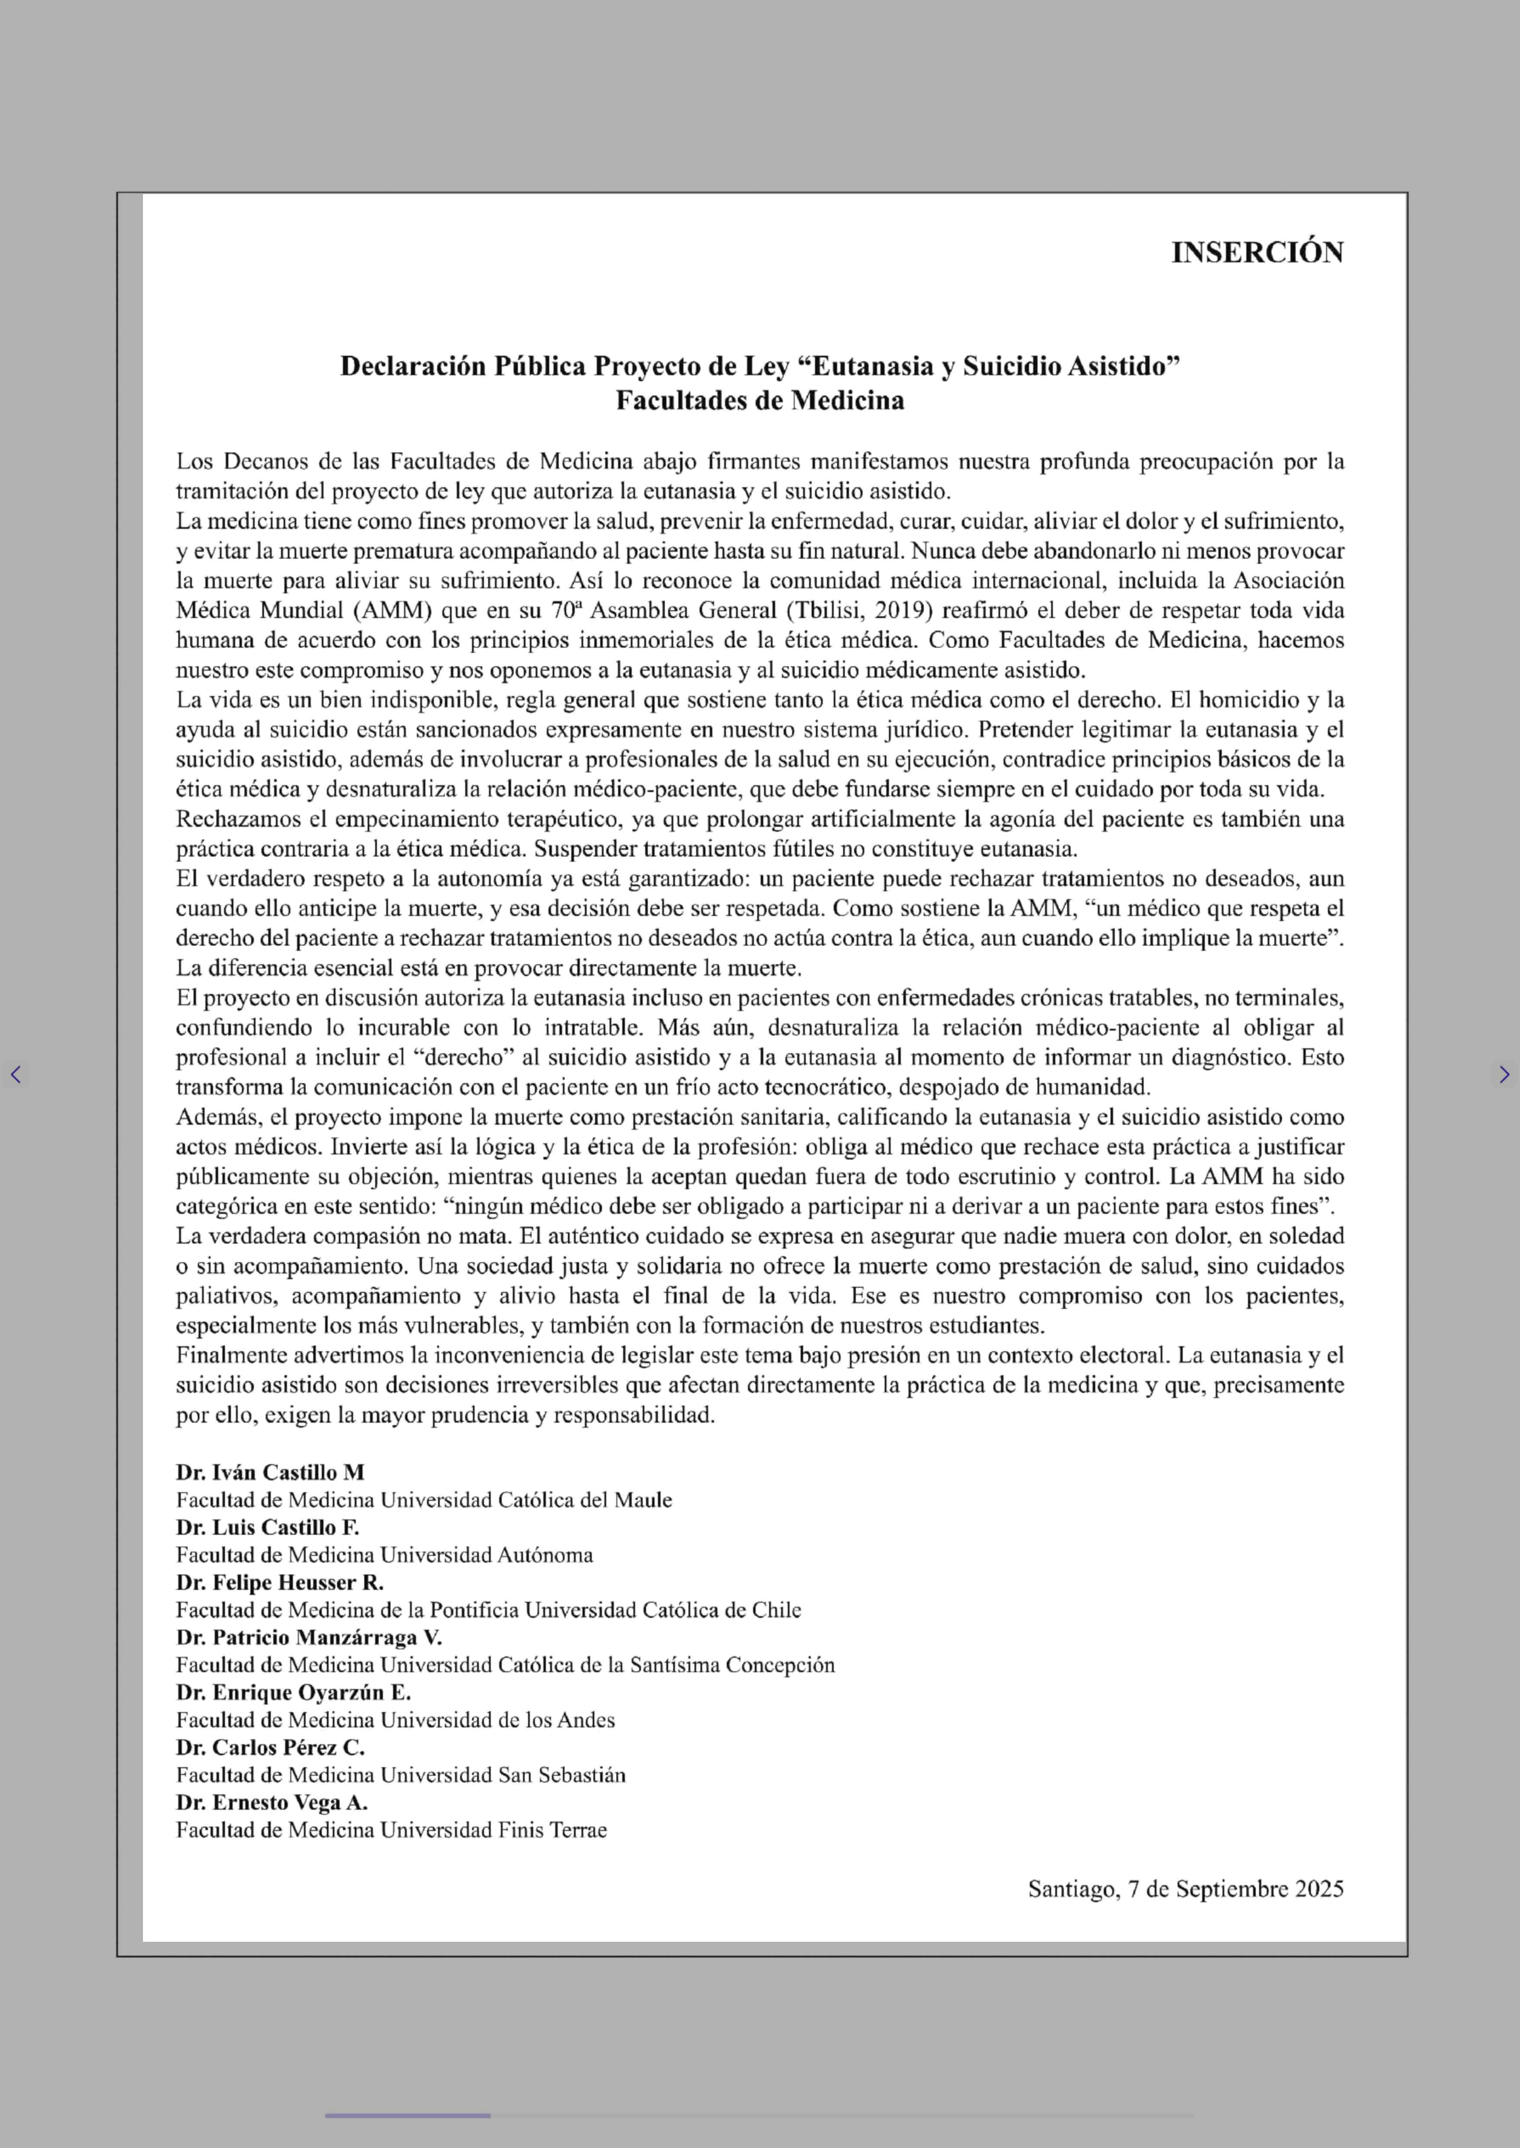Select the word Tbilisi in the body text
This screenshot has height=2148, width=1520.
(x=826, y=610)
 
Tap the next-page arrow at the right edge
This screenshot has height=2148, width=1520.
(x=1503, y=1074)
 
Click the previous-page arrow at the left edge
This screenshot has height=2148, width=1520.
(x=16, y=1074)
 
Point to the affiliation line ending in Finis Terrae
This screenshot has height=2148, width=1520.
(x=391, y=1830)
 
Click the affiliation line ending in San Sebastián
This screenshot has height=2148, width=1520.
(x=401, y=1775)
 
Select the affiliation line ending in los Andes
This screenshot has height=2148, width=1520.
(x=395, y=1720)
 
